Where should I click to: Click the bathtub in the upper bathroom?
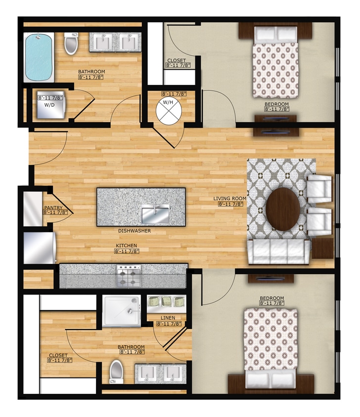pos(39,57)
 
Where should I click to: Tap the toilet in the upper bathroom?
pos(71,44)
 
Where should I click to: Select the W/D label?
pos(49,105)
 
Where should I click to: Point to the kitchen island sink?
pos(156,214)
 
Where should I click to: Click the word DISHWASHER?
pos(134,231)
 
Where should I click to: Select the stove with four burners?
pos(129,276)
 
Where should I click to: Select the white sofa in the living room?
pos(279,252)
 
